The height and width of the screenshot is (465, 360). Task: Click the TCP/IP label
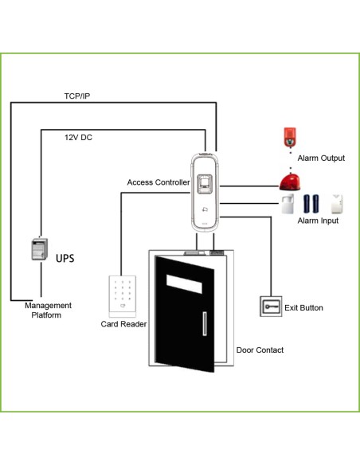click(77, 96)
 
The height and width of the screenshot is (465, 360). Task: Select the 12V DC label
click(78, 137)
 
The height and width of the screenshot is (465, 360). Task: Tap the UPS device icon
click(40, 249)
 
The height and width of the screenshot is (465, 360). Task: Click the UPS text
click(65, 258)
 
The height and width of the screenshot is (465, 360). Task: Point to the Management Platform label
click(48, 311)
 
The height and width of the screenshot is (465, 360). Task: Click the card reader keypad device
click(123, 296)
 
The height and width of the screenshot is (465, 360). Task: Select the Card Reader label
click(123, 324)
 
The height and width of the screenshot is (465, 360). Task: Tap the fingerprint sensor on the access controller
click(205, 184)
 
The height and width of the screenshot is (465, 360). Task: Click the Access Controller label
click(158, 182)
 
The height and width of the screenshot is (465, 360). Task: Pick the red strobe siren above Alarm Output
click(290, 137)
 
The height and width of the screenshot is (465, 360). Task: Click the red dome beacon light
click(290, 182)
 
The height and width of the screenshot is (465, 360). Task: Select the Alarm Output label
click(321, 158)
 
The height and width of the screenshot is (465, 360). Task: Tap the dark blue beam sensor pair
click(311, 204)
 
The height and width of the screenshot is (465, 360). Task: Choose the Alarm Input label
click(318, 221)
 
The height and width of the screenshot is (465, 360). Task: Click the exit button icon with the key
click(271, 307)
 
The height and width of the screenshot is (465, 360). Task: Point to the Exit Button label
click(303, 308)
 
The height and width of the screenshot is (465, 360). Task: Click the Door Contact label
click(260, 350)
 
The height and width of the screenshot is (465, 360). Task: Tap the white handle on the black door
click(205, 323)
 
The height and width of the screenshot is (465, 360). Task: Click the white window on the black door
click(184, 284)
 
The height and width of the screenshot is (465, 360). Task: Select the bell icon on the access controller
click(205, 209)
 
